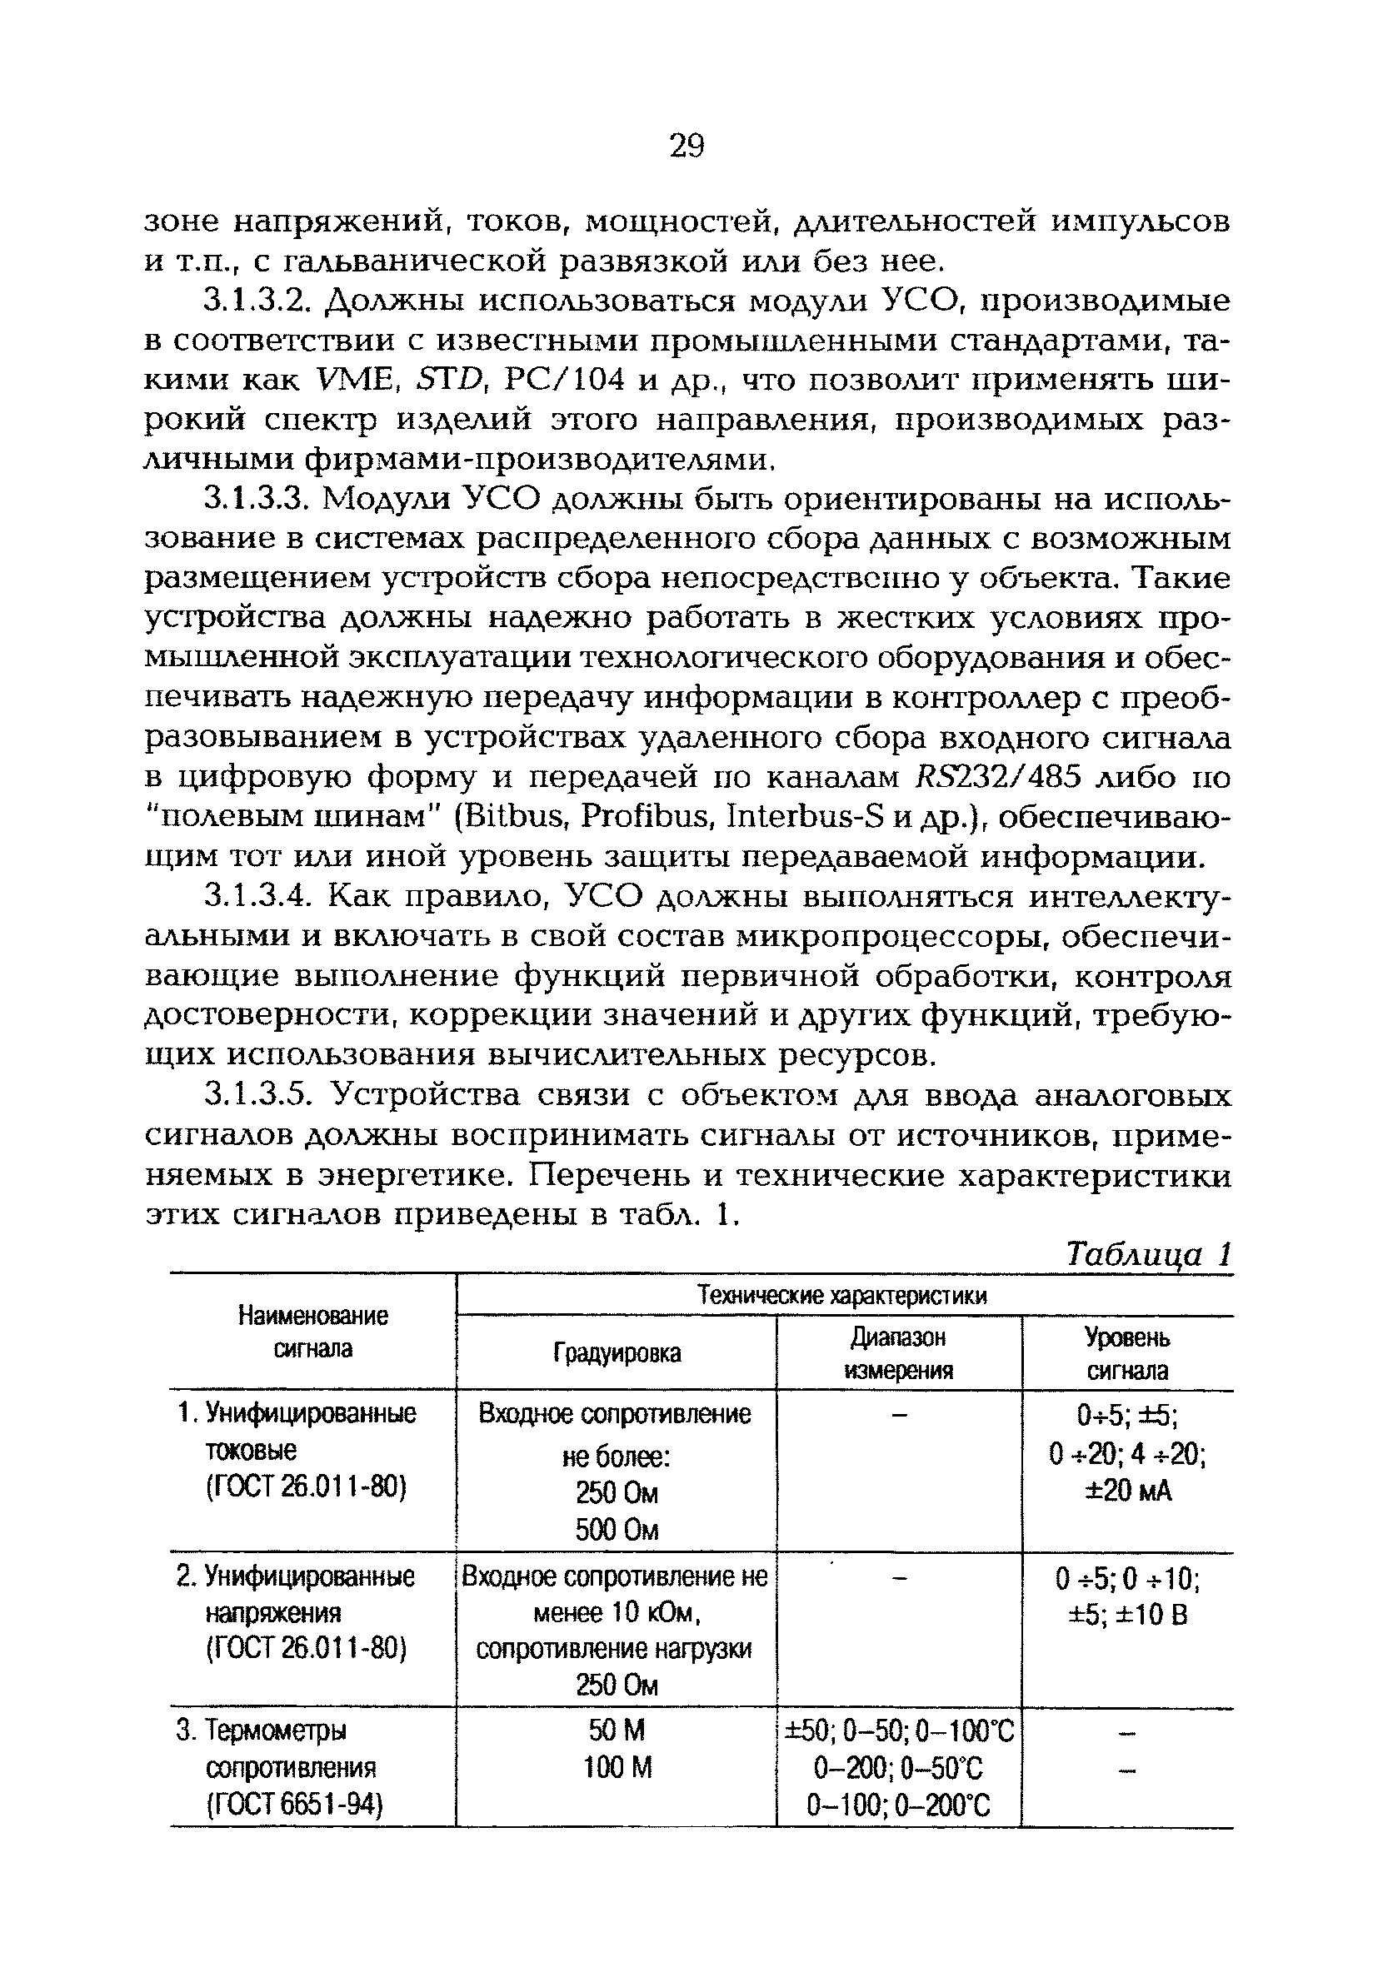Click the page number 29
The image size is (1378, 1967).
pos(686,147)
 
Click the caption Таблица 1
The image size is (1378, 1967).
pos(1147,1255)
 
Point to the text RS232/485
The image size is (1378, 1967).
pos(987,778)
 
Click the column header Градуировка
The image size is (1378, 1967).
pos(617,1353)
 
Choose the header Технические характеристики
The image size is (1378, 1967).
pos(843,1295)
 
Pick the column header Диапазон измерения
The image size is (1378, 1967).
pos(898,1353)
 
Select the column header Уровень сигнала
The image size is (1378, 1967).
pos(1127,1353)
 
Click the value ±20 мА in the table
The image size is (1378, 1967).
pos(1127,1491)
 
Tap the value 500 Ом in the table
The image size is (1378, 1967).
pos(617,1530)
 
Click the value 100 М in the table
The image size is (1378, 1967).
pos(617,1767)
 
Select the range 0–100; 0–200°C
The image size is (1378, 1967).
pos(898,1806)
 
